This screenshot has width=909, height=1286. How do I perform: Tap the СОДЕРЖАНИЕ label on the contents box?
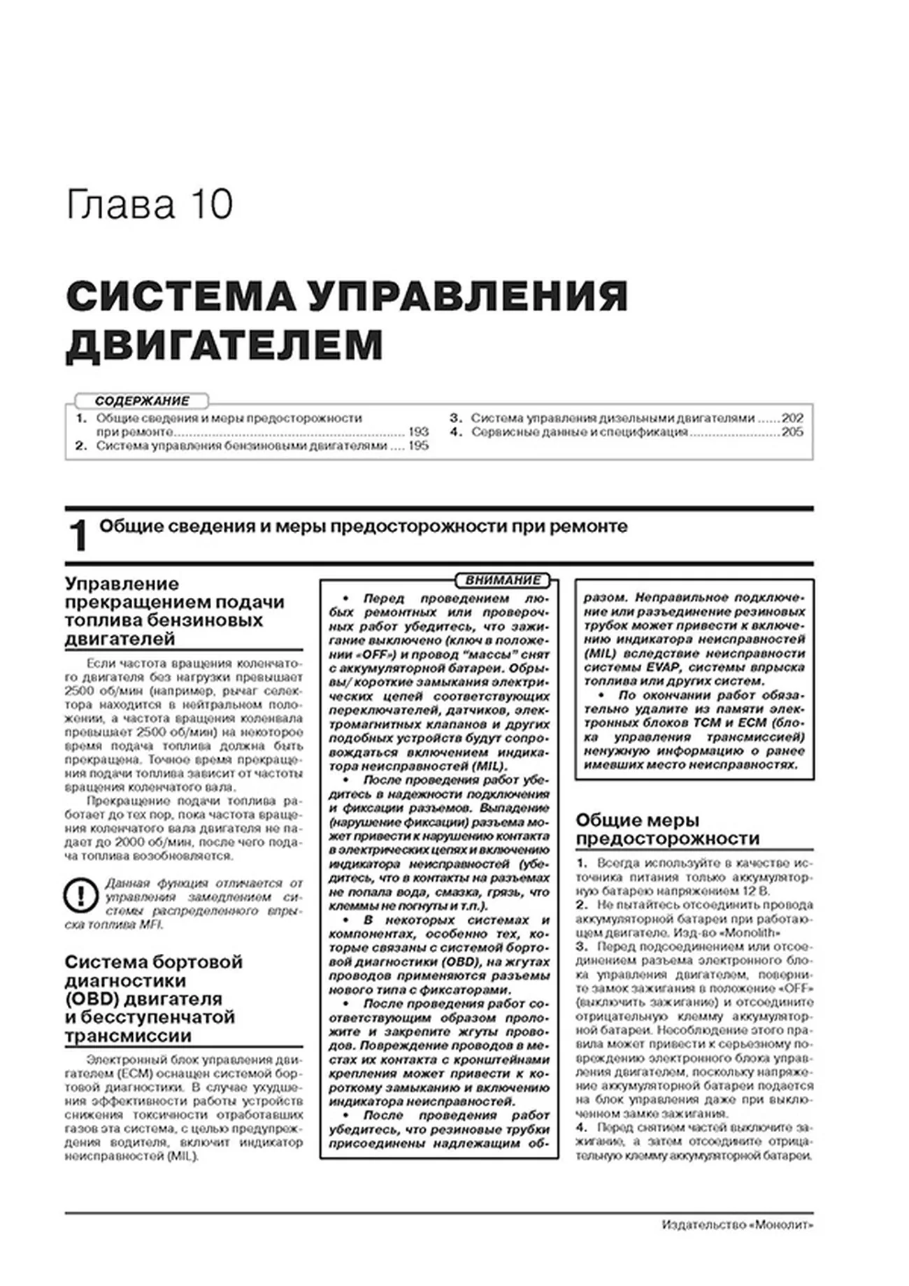[x=142, y=401]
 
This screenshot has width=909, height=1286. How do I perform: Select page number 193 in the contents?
[x=418, y=431]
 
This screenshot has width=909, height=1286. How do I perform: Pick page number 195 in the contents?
[x=418, y=445]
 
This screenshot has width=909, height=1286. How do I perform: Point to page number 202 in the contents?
[x=792, y=418]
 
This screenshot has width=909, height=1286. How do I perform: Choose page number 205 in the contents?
[x=792, y=431]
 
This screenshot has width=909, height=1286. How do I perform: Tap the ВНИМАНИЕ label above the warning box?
[x=503, y=580]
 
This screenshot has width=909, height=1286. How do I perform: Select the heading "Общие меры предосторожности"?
[x=667, y=829]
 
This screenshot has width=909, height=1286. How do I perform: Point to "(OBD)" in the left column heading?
[x=91, y=999]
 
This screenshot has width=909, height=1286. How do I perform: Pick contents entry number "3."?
[x=456, y=418]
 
